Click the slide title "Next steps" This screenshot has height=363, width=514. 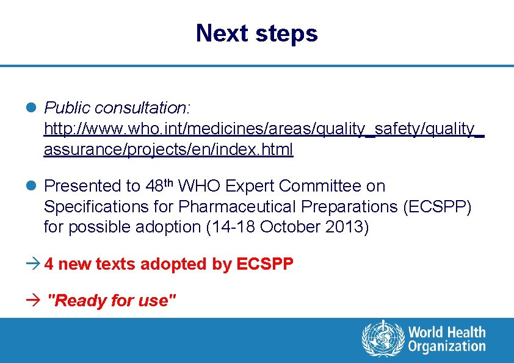click(x=256, y=33)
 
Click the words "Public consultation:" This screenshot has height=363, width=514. click(x=118, y=108)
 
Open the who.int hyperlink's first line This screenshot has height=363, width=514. click(x=264, y=129)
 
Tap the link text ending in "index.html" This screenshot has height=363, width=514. click(x=168, y=149)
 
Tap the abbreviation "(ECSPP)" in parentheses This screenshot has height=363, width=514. click(x=437, y=206)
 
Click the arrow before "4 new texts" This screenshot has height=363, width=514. click(x=35, y=264)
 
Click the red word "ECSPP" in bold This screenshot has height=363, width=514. click(x=265, y=264)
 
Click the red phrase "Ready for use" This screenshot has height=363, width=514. click(x=112, y=300)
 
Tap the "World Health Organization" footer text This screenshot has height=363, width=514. click(x=447, y=340)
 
